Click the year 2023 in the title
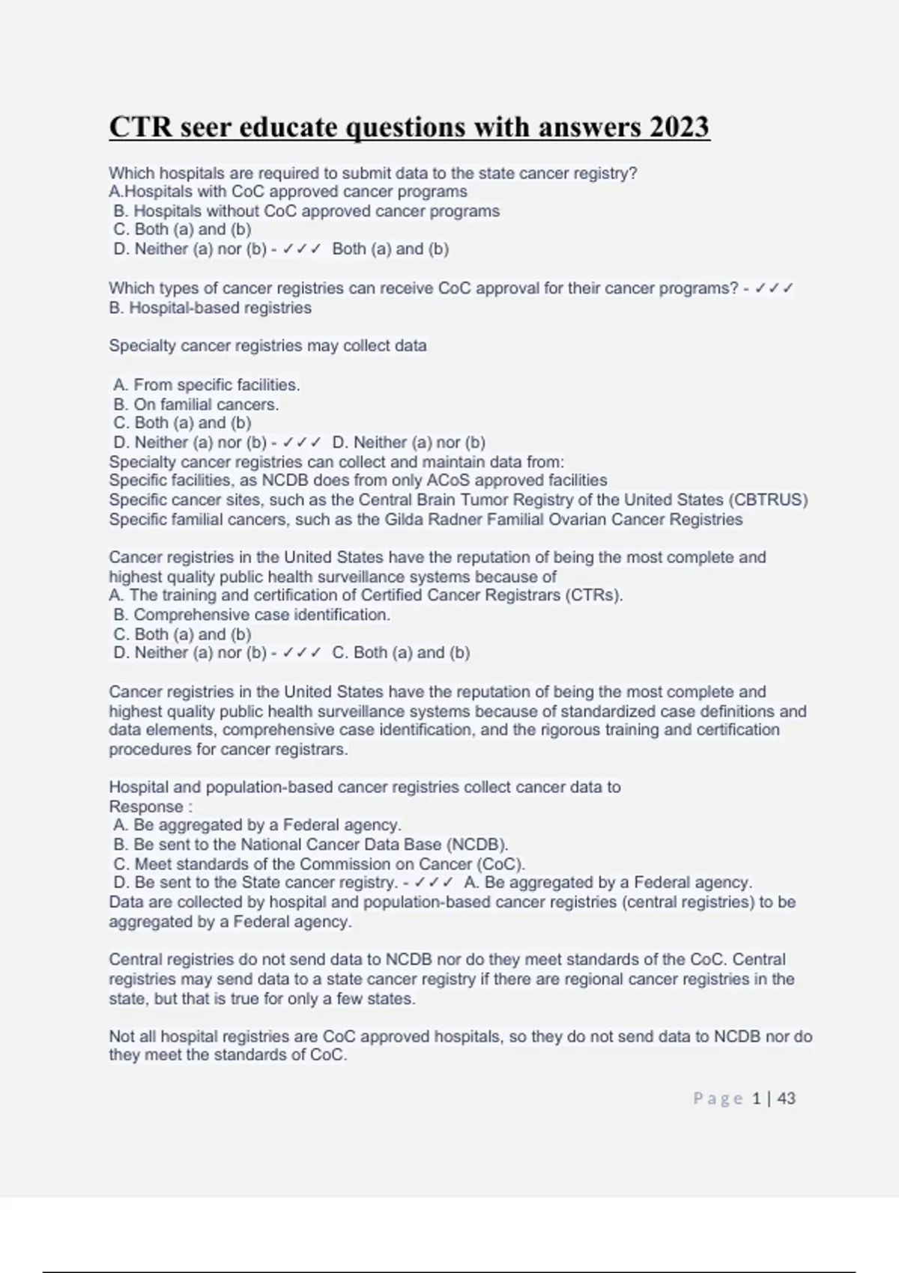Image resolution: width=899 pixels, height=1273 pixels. tap(679, 127)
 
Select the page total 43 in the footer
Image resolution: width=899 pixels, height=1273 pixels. tap(787, 1099)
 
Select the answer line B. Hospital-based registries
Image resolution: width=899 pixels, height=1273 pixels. tap(211, 308)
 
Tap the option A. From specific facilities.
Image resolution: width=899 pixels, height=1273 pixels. tap(207, 385)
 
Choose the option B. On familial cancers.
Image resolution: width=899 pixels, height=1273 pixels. tap(196, 404)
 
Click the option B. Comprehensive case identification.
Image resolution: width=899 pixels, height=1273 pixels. tap(252, 615)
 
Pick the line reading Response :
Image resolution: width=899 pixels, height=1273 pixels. tap(151, 806)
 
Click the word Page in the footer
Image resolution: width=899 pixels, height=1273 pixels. tap(718, 1099)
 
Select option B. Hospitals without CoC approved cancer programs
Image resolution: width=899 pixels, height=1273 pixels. tap(306, 211)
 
